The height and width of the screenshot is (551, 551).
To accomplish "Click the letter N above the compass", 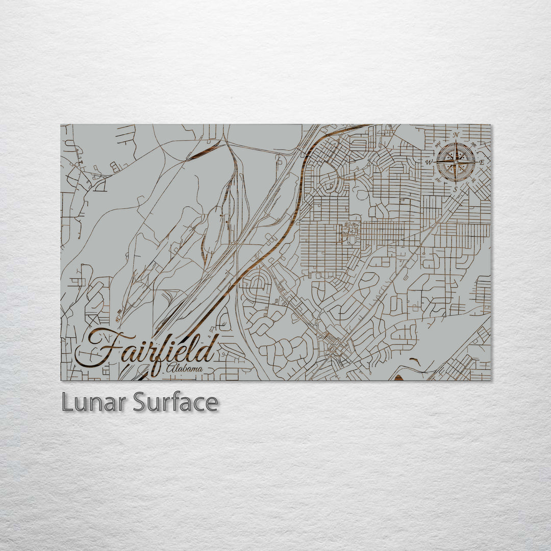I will point(456,135).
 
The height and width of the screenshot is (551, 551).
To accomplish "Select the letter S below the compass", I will point(456,189).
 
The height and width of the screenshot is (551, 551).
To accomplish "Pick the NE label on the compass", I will point(474,145).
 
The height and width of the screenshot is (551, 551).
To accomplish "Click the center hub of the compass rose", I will point(456,162).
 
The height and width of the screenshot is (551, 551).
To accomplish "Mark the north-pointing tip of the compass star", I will point(456,143).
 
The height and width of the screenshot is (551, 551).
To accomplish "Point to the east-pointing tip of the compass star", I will point(475,162).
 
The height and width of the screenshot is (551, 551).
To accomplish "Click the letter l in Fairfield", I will point(193,349).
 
